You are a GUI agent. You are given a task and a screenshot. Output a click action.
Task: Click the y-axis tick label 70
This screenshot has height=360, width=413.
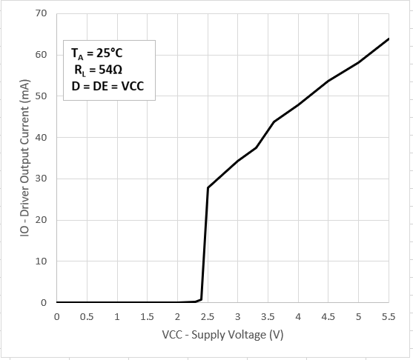coord(41,13)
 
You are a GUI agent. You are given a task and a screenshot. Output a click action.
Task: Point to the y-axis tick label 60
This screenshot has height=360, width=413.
coord(41,55)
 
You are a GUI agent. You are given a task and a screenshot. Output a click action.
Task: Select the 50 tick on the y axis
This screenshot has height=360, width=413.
coord(41,96)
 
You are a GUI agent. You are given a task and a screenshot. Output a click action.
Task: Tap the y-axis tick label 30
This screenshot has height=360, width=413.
coord(41,179)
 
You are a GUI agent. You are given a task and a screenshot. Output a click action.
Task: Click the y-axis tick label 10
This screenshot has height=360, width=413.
coord(41,261)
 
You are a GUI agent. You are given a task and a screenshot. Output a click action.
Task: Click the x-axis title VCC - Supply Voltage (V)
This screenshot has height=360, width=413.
coord(222,335)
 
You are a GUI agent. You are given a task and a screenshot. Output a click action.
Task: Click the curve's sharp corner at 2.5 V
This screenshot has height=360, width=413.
coord(208,187)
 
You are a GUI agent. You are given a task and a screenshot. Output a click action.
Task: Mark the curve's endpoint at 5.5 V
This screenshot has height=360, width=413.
coord(389,39)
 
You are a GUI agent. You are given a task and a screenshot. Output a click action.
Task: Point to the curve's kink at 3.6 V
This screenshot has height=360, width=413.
coord(274,121)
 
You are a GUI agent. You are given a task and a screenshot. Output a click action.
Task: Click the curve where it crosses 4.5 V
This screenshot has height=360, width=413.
coord(328,81)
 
